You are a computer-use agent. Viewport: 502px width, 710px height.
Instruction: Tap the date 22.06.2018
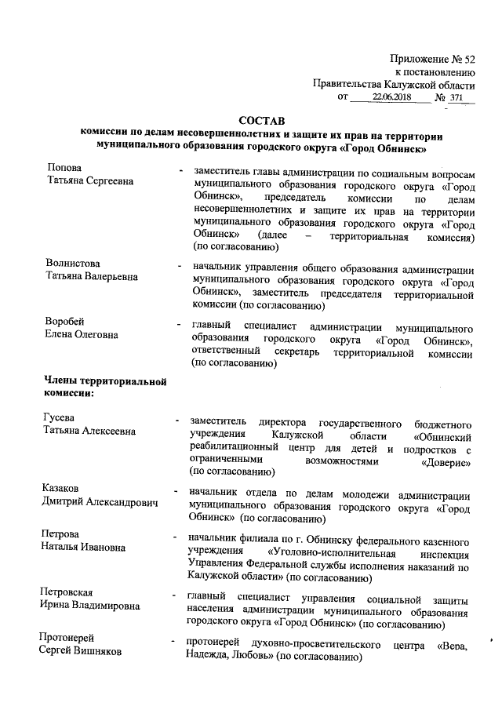click(390, 97)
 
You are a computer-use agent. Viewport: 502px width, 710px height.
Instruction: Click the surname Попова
click(64, 168)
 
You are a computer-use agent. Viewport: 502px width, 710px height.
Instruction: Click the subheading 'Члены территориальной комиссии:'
click(104, 386)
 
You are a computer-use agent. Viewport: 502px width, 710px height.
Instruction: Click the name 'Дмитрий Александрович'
click(101, 503)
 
